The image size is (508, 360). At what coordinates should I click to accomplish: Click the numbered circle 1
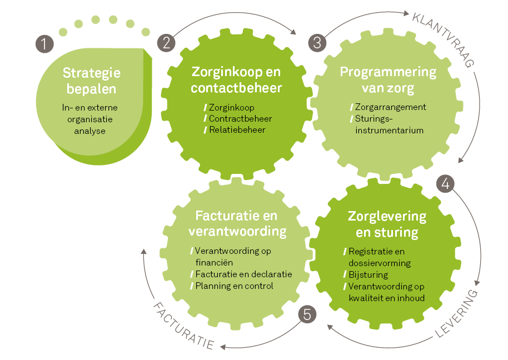pos(44,44)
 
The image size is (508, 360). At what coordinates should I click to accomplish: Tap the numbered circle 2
pos(166,43)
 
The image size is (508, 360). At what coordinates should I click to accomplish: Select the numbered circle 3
pos(317,43)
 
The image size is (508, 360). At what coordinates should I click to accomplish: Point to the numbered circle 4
pos(445,183)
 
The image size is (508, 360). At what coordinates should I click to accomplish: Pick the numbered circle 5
pos(307,314)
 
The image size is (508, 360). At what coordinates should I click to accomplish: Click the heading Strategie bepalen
pos(91,81)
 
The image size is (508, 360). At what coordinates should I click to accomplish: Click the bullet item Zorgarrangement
pos(388,107)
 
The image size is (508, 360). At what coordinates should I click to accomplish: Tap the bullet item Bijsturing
pos(366,275)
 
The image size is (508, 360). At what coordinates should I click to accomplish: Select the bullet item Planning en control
pos(232,286)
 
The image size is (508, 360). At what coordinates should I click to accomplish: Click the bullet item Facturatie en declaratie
pos(241,274)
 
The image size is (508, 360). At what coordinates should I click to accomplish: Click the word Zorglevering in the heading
pos(387,217)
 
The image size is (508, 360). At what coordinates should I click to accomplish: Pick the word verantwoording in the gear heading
pos(237,232)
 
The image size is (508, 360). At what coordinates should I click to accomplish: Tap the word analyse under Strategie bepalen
pos(89,131)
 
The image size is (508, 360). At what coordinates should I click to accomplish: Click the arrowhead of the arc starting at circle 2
pos(293,32)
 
